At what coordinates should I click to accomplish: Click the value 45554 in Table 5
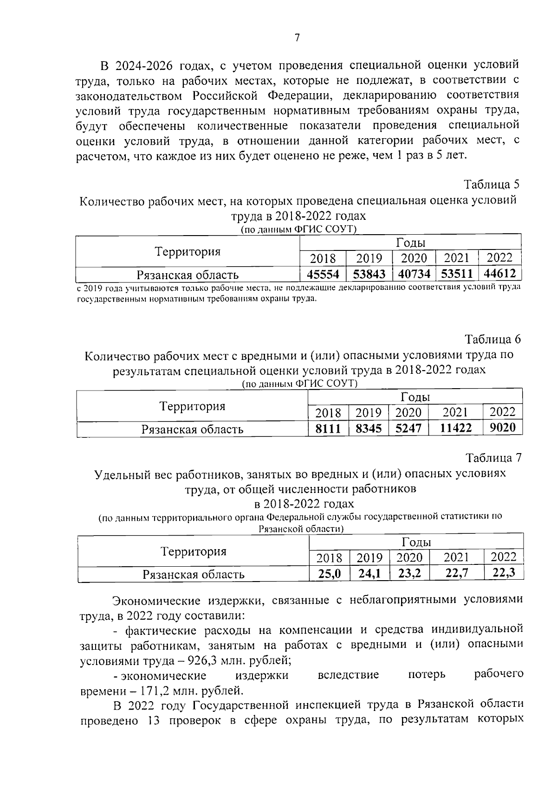[323, 274]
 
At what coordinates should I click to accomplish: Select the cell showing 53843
[369, 274]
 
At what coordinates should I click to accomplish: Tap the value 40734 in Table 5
[415, 274]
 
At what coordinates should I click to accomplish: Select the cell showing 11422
[455, 428]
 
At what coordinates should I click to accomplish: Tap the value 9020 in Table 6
[503, 427]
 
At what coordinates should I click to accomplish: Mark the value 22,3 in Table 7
[504, 573]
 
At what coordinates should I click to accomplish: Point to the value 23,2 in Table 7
[409, 574]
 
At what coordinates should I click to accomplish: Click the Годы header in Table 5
[411, 243]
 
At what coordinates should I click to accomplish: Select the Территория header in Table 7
[194, 551]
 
